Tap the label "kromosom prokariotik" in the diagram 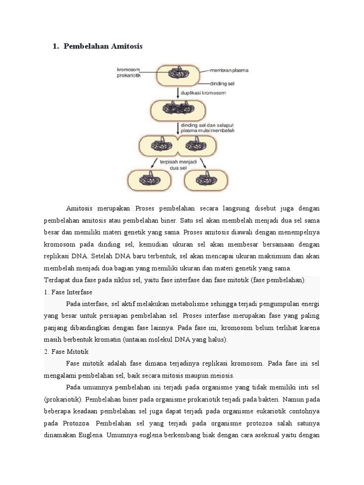(130, 73)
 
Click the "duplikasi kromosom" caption (206, 93)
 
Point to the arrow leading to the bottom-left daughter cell (154, 162)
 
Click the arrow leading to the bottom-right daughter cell (202, 162)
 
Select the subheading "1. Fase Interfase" (67, 292)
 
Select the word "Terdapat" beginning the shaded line (57, 280)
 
